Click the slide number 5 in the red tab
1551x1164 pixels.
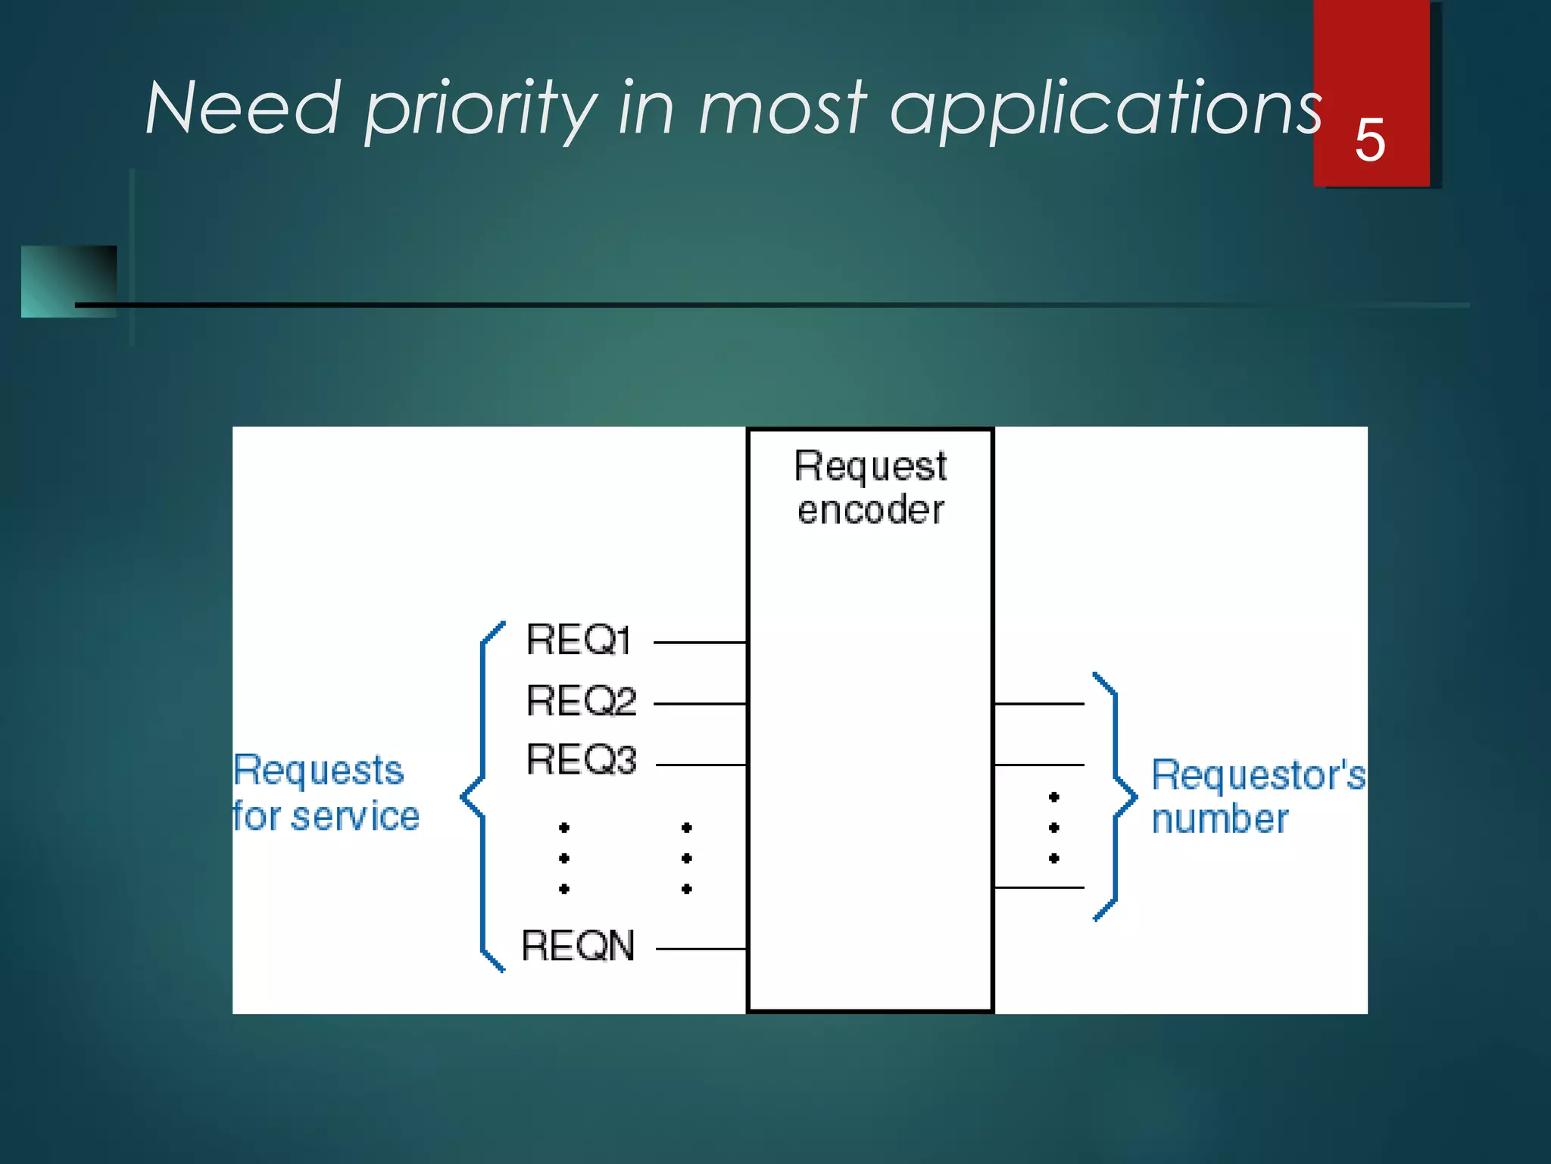pos(1369,140)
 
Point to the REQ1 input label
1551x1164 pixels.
pos(579,640)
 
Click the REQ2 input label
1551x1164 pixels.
pos(581,701)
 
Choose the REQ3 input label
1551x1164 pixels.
pos(581,760)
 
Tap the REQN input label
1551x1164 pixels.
pos(578,947)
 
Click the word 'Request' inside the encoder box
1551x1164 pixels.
pos(870,465)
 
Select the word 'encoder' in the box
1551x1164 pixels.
pos(870,509)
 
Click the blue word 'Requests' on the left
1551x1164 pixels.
pos(318,771)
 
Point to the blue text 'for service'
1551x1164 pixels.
pos(326,816)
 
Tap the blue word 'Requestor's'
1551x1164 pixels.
pos(1258,775)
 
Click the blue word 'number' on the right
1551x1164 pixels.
pos(1219,819)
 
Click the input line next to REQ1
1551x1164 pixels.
pos(700,643)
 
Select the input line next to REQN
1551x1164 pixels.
pos(701,949)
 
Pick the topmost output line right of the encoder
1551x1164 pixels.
pos(1039,704)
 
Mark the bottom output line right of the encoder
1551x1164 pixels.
pos(1039,887)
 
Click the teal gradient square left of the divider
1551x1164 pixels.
pos(68,281)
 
